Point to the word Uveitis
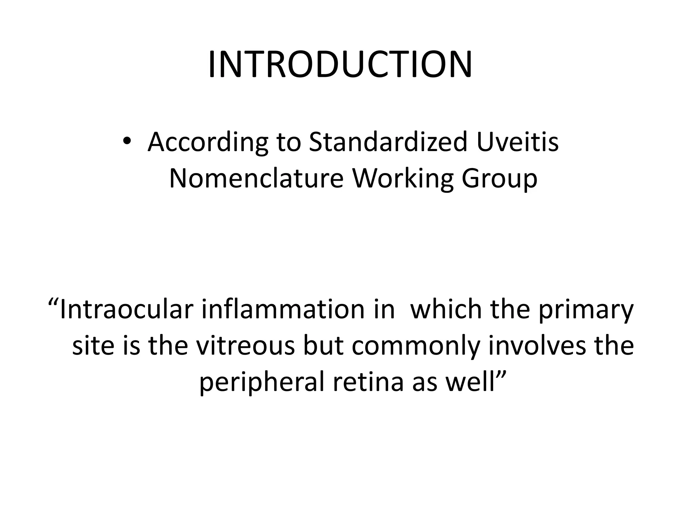(x=517, y=142)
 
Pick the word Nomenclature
(x=256, y=179)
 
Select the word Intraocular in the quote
(x=127, y=310)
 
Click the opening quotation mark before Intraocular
(x=53, y=301)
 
